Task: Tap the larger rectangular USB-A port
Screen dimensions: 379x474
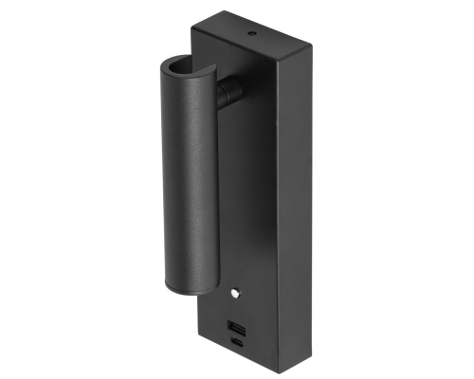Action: [x=235, y=327]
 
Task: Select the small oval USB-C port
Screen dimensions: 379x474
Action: [x=235, y=342]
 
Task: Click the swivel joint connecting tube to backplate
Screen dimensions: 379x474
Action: [x=228, y=93]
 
